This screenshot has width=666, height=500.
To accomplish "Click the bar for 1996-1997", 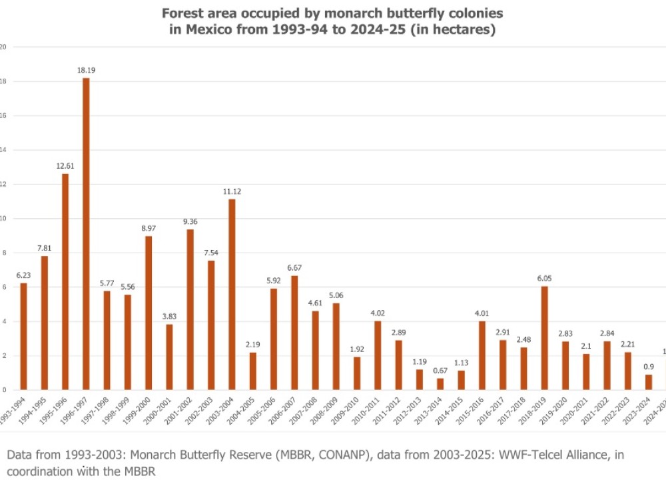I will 86,233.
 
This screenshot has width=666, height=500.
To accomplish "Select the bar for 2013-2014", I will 440,384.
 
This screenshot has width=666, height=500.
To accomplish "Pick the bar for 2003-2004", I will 232,294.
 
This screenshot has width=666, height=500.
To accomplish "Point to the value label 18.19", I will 86,69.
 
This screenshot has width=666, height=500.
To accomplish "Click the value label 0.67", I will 440,369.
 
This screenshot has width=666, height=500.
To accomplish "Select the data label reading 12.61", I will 65,165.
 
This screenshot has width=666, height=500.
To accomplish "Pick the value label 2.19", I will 252,343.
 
